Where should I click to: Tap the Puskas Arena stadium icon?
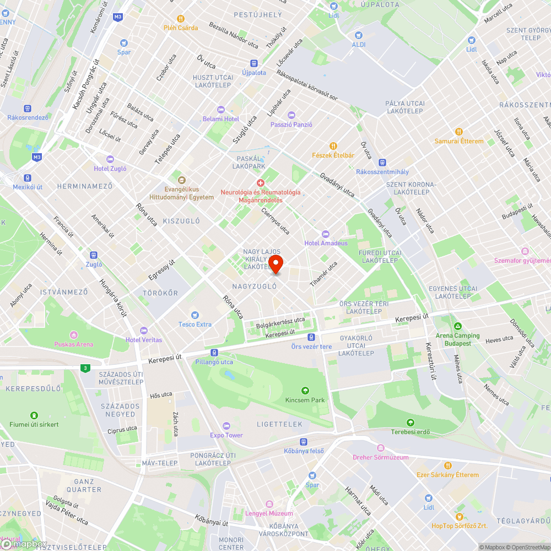coord(74,335)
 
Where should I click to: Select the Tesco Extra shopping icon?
coord(195,315)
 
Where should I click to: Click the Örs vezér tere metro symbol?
coord(312,337)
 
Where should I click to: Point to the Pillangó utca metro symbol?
coord(214,353)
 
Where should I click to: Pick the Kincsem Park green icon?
coord(305,391)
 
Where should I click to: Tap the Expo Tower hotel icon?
coord(226,426)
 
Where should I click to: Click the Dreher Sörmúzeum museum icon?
coord(381,448)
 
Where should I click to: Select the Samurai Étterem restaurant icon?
coord(458,132)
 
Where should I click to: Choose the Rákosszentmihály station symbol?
coord(382,163)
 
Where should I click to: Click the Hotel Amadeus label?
coord(326,243)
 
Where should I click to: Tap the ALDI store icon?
coord(358,35)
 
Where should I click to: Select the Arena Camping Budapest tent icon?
coord(457,326)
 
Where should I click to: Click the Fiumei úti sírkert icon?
coord(34,415)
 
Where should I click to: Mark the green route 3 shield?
coord(84,368)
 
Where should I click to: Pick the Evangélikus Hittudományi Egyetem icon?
coord(181,180)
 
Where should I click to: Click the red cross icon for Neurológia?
coord(261,182)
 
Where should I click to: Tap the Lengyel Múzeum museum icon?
coord(269,504)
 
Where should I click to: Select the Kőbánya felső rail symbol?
coord(304,442)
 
